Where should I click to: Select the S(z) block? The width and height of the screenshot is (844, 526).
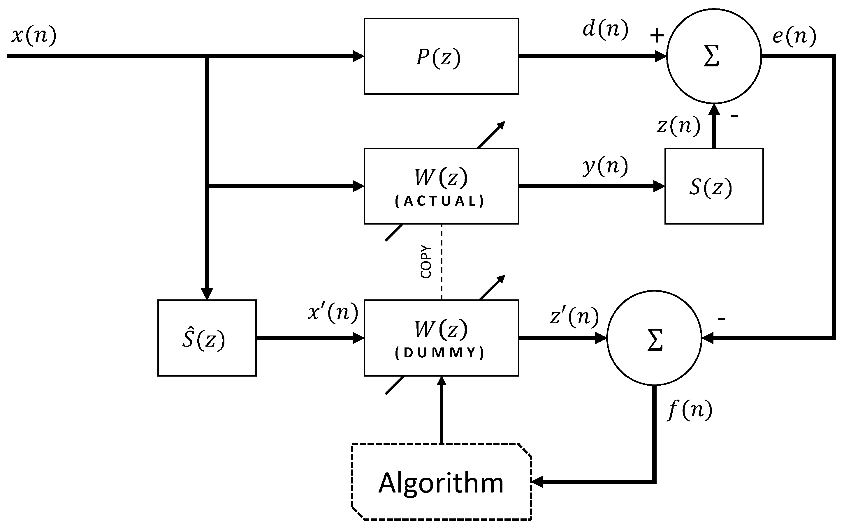[713, 186]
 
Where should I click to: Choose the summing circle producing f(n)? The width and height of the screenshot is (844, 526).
[654, 338]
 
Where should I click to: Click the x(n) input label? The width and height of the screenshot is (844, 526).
[34, 35]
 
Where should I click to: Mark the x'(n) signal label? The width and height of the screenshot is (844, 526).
[333, 312]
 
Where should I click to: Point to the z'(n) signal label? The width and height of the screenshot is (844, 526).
[574, 316]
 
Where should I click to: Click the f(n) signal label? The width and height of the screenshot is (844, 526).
[690, 410]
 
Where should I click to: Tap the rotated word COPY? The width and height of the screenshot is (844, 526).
[426, 262]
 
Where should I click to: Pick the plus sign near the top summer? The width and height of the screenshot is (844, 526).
[657, 36]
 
